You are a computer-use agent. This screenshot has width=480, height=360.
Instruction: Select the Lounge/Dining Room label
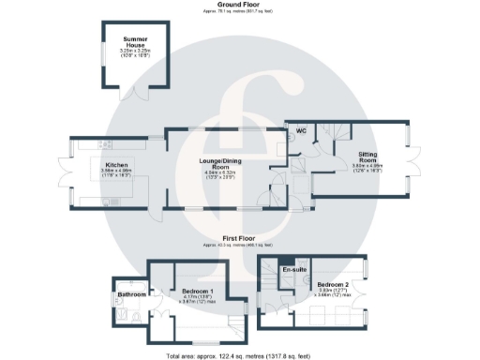tap(224, 162)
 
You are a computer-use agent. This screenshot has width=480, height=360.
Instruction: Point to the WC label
tap(303, 131)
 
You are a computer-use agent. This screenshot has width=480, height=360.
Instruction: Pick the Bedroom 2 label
tap(333, 283)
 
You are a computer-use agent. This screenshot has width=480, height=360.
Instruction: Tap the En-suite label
tap(293, 270)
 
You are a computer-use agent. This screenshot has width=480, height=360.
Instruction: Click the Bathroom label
tap(131, 295)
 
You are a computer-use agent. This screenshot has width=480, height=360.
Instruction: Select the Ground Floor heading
tap(239, 5)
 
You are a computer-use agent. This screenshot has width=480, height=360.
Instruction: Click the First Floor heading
tap(239, 238)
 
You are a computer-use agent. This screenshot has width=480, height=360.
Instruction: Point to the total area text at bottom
tap(239, 355)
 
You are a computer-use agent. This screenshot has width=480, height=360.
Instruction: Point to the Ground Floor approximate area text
tap(239, 11)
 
